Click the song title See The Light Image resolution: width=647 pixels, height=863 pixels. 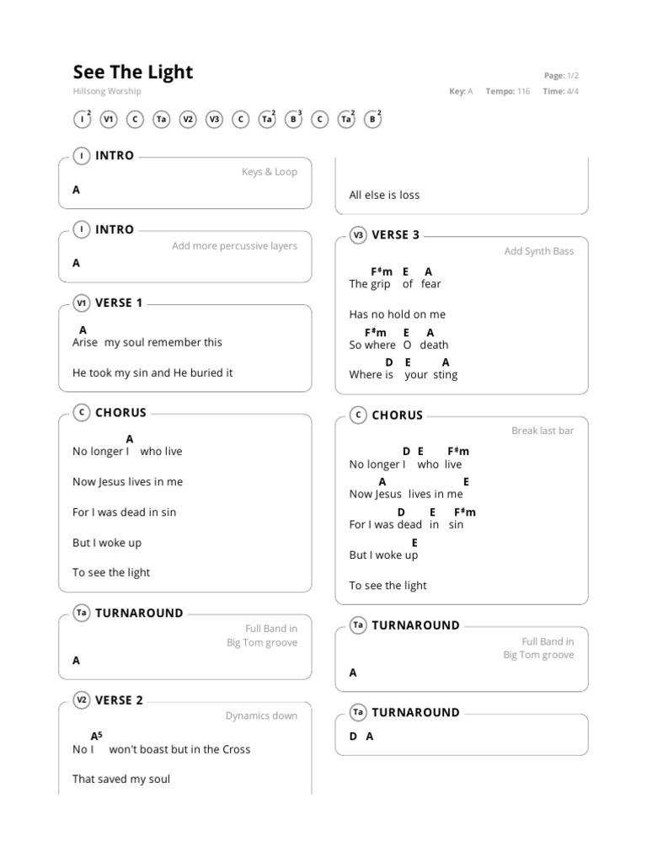[x=133, y=72]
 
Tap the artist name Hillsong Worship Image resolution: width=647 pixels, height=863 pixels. [x=107, y=91]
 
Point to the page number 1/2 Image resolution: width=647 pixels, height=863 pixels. [x=573, y=76]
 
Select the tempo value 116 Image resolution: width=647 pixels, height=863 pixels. [x=523, y=91]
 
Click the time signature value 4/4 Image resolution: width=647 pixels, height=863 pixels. [x=573, y=91]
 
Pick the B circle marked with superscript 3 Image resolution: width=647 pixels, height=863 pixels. [x=293, y=120]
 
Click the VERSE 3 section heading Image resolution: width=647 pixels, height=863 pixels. [x=395, y=235]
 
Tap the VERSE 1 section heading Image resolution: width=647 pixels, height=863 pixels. [x=119, y=303]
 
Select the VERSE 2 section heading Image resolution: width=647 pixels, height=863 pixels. [x=119, y=700]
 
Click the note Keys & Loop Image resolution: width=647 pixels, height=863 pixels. [x=269, y=172]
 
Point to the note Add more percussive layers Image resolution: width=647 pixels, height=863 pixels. [x=234, y=246]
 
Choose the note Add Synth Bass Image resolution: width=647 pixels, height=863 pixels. [x=538, y=251]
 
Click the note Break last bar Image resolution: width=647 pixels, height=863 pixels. [x=542, y=431]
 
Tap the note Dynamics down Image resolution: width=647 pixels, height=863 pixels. [x=261, y=716]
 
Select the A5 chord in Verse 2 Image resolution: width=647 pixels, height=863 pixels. [x=96, y=736]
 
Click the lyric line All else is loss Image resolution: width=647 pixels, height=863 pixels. [x=384, y=195]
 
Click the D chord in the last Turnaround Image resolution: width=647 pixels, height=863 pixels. [x=353, y=736]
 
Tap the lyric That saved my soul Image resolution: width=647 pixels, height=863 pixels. [x=121, y=779]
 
